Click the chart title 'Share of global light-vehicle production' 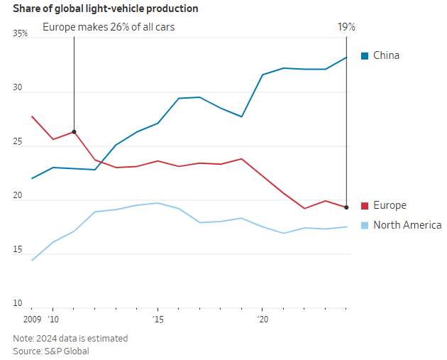point(105,9)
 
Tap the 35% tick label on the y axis point(21,33)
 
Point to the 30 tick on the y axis point(19,89)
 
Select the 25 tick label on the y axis point(19,143)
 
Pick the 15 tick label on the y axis point(19,250)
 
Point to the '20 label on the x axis point(262,320)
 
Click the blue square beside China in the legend point(365,55)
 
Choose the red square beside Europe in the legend point(365,205)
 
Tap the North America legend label point(407,225)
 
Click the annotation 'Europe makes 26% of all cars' point(109,27)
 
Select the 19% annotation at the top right point(346,27)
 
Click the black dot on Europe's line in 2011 point(74,132)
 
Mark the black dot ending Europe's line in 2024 point(346,207)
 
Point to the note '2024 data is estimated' point(70,338)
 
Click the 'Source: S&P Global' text point(51,351)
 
